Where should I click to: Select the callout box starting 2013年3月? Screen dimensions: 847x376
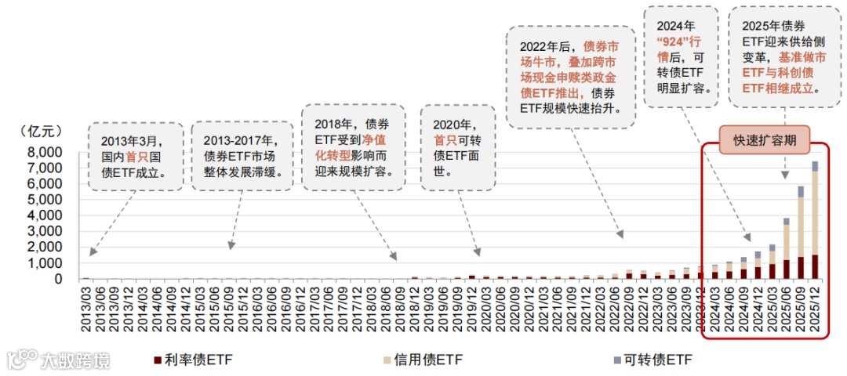coord(135,157)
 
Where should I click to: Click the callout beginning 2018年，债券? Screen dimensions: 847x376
coord(354,148)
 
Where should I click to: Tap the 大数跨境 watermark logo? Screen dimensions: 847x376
coord(59,360)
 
